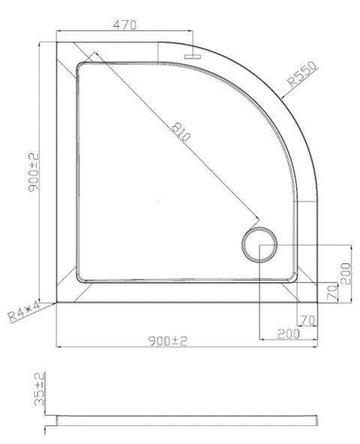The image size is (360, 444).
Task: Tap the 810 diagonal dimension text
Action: [181, 135]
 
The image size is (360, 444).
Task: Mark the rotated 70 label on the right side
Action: [331, 292]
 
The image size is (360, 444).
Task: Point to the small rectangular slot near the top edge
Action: [193, 54]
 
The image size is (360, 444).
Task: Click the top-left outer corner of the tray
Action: [58, 43]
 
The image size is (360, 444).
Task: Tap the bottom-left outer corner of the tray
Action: [58, 301]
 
